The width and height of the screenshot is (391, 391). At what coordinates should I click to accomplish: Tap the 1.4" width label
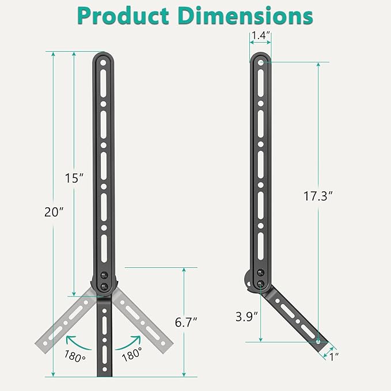pos(261,36)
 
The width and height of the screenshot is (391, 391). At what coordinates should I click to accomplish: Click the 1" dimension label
pos(333,356)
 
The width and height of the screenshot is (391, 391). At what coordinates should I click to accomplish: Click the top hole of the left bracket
pos(104,60)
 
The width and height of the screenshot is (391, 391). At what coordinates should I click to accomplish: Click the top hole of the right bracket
pos(260,60)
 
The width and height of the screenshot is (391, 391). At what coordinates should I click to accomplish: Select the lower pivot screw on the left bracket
pos(104,286)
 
